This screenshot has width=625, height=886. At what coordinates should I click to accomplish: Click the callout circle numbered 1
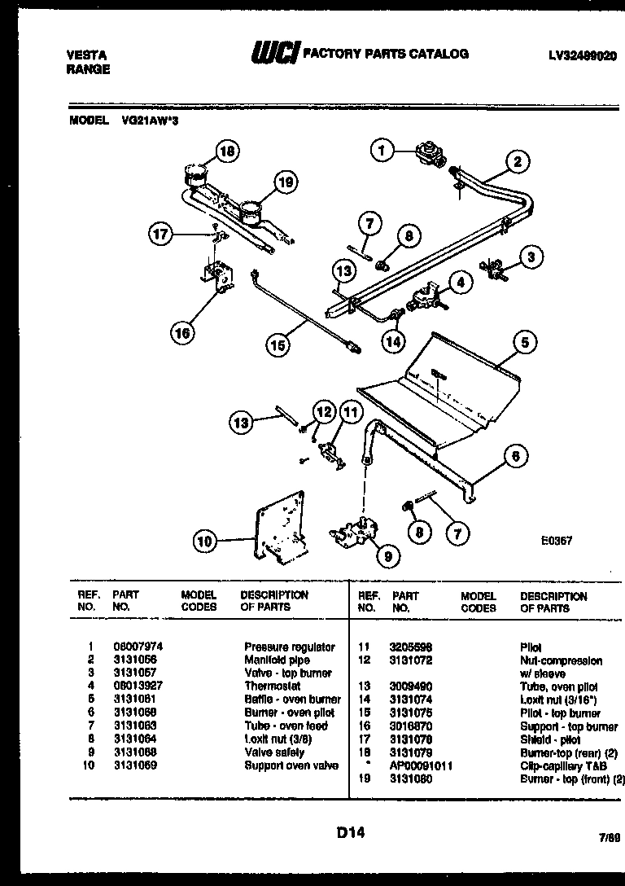[x=380, y=149]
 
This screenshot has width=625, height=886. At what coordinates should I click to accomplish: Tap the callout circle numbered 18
[x=230, y=151]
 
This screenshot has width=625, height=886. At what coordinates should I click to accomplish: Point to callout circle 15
[x=279, y=345]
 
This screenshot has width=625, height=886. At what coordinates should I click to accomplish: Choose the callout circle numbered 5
[x=525, y=343]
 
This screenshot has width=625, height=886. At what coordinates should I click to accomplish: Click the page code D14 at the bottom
[x=349, y=832]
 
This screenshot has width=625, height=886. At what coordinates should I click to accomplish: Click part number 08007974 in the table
[x=134, y=647]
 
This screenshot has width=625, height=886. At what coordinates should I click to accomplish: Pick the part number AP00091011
[x=422, y=766]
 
